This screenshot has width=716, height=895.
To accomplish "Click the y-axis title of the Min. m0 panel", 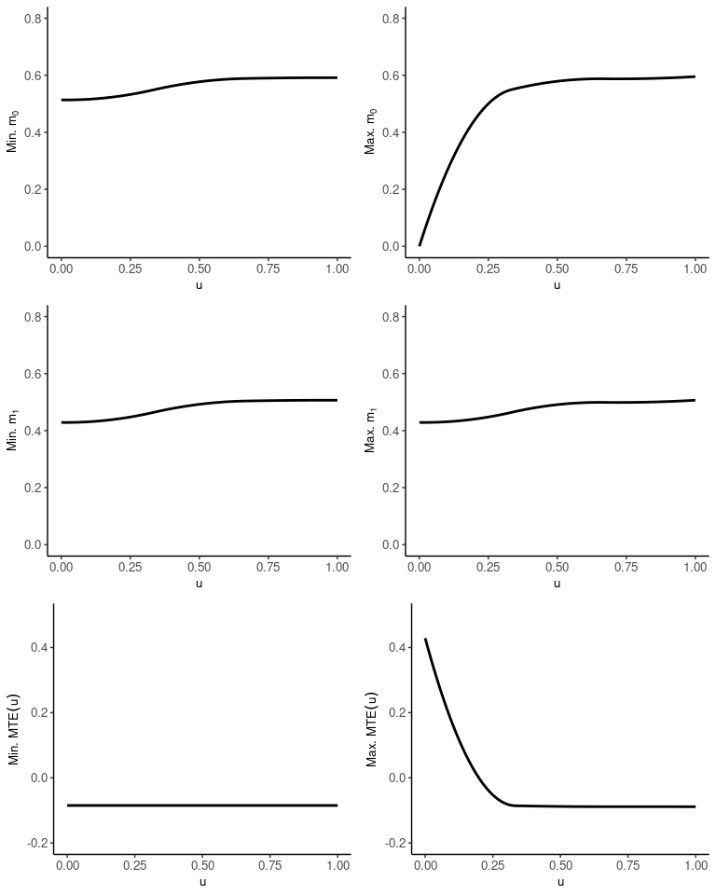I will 13,131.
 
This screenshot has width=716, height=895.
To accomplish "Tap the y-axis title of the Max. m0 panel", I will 371,131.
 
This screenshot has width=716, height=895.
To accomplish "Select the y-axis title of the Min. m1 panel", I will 13,430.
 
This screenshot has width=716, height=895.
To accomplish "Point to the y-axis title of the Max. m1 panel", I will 371,430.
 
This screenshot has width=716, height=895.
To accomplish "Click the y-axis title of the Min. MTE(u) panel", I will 15,728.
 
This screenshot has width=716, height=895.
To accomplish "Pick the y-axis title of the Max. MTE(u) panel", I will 372,728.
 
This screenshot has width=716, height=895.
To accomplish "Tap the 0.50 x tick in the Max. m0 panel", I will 558,268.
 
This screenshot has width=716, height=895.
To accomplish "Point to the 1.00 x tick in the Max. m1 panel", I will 695,567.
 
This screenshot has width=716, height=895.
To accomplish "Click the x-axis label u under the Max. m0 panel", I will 558,284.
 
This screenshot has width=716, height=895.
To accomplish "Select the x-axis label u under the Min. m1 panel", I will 199,583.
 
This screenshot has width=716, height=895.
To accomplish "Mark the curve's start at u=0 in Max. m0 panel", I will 420,245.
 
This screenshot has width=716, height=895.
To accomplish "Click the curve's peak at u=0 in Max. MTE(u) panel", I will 425,640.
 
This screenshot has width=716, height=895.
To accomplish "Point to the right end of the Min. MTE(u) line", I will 337,805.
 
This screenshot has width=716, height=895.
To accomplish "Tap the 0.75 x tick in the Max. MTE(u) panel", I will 628,865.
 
